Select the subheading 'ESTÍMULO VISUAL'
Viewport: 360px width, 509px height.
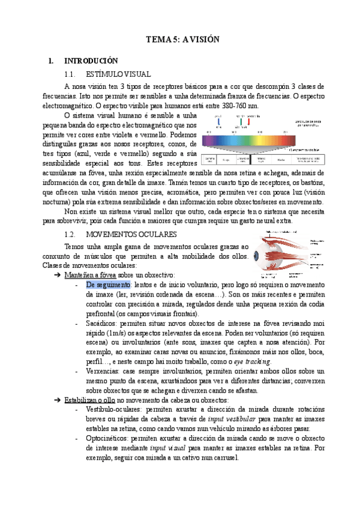tap(118, 74)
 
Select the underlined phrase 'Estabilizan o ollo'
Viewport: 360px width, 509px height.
tap(91, 400)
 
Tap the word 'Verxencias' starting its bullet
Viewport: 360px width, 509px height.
tap(103, 372)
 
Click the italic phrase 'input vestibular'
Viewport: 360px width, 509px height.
tap(232, 420)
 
